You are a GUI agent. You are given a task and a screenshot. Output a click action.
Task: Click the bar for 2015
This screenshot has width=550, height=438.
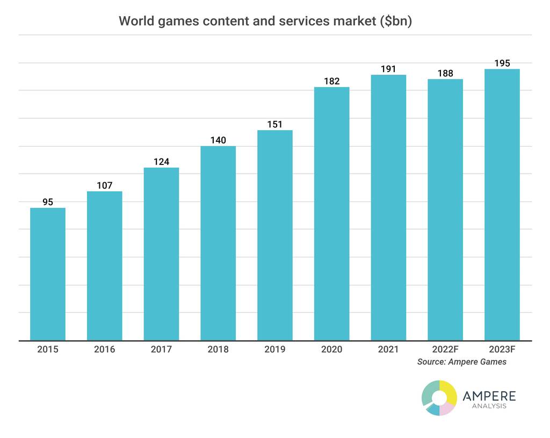click(48, 274)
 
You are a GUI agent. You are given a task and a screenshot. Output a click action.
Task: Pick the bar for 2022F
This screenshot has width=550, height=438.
click(445, 210)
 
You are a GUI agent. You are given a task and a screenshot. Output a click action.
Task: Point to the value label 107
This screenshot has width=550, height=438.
click(104, 185)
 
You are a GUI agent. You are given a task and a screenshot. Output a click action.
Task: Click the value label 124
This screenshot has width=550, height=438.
click(161, 162)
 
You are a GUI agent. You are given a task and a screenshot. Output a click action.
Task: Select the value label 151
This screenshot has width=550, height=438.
click(275, 124)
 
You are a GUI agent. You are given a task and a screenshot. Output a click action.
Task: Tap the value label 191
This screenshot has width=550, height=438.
click(388, 69)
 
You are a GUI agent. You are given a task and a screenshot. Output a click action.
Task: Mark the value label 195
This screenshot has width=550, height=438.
click(502, 63)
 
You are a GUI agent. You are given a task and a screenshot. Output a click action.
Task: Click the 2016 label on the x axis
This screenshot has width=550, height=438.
click(104, 349)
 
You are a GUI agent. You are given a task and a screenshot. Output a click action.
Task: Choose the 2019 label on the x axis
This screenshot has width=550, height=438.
click(275, 349)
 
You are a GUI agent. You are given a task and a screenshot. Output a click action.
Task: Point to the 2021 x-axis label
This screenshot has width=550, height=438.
click(388, 349)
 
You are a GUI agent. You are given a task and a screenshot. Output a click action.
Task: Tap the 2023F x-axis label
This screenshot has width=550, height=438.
click(502, 349)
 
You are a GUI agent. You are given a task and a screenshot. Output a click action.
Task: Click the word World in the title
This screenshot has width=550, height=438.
click(133, 21)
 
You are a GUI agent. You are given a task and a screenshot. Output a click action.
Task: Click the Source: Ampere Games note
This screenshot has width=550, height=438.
click(461, 362)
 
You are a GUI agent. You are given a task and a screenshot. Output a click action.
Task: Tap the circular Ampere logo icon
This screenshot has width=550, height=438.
click(439, 398)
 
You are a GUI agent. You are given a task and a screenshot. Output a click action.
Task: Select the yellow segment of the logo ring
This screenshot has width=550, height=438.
click(450, 392)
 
